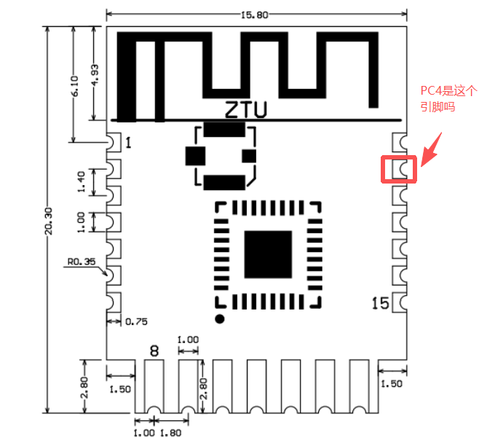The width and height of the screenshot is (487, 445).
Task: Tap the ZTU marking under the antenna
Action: (x=245, y=111)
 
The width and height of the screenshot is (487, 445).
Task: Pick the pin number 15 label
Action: (x=379, y=302)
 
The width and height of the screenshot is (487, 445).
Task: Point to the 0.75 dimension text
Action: (x=137, y=321)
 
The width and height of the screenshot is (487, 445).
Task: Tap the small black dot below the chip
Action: (x=219, y=320)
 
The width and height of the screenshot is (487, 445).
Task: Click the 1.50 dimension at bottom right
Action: (x=392, y=383)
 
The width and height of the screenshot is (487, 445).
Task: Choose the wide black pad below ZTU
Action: (x=223, y=130)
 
